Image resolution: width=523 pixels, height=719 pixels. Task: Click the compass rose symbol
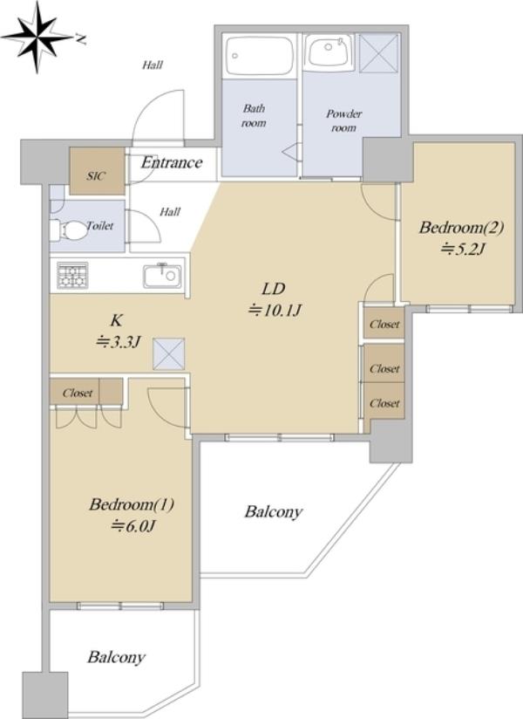tap(37, 38)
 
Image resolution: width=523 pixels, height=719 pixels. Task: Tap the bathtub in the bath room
tap(260, 56)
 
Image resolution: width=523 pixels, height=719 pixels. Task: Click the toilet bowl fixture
tap(68, 230)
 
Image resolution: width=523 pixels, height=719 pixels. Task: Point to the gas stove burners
tap(72, 275)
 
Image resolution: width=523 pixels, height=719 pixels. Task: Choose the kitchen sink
tap(162, 276)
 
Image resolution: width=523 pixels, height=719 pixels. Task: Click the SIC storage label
tap(96, 175)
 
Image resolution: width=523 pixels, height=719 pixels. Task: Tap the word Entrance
tap(171, 162)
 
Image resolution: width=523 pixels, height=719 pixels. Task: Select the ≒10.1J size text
tap(275, 311)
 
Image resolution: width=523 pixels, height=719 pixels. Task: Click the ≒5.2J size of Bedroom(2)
tap(462, 249)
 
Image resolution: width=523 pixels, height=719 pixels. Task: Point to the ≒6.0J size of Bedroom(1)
tap(133, 525)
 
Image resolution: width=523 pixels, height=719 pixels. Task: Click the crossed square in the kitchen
tap(168, 353)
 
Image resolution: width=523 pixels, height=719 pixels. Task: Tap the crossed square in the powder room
tap(378, 52)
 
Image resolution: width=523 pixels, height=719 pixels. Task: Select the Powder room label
tap(344, 120)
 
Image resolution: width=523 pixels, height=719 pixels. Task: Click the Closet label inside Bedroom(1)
tap(78, 393)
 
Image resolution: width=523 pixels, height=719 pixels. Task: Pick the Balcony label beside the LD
tap(274, 511)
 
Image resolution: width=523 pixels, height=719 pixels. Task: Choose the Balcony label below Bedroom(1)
tap(116, 658)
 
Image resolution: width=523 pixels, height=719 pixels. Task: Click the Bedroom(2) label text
tap(462, 228)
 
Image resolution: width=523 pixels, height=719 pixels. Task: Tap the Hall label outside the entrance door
tap(152, 65)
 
